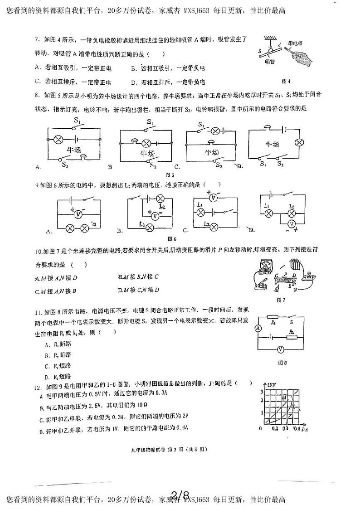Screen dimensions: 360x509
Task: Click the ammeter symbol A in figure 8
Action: point(257,328)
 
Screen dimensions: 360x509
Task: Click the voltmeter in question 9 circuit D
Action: point(292,224)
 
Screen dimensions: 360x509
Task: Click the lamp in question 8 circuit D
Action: point(299,142)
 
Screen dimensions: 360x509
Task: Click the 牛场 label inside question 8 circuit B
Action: point(148,154)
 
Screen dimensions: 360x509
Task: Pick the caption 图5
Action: point(170,175)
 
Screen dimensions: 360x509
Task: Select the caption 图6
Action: point(171,239)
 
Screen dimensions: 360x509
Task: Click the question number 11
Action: point(38,312)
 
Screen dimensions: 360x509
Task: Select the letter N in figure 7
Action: point(295,290)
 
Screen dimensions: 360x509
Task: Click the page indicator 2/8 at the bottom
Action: point(180,495)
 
